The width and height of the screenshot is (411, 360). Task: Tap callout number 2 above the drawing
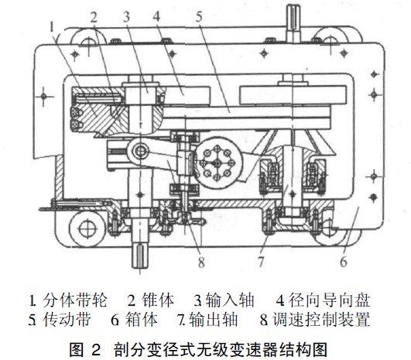(94, 17)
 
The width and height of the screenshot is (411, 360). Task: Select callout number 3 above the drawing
(126, 17)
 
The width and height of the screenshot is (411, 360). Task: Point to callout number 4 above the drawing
(156, 16)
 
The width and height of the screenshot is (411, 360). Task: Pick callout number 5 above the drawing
(199, 16)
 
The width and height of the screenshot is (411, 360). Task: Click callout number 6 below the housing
(344, 261)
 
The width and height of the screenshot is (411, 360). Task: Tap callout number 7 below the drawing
(261, 261)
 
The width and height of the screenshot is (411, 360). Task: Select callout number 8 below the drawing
(201, 262)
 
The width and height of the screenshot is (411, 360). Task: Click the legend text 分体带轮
(75, 300)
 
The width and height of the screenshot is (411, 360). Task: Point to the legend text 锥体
(158, 300)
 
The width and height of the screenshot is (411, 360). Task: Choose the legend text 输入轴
(230, 300)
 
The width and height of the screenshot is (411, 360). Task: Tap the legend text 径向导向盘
(330, 300)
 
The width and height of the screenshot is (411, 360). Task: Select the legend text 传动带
(67, 320)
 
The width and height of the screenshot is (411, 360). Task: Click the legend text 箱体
(142, 320)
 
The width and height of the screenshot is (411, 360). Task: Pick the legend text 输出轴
(213, 320)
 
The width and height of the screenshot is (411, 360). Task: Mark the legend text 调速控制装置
(321, 320)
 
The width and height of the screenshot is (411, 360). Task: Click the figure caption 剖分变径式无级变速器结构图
(221, 349)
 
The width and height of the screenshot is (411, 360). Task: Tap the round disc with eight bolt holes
(217, 163)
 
